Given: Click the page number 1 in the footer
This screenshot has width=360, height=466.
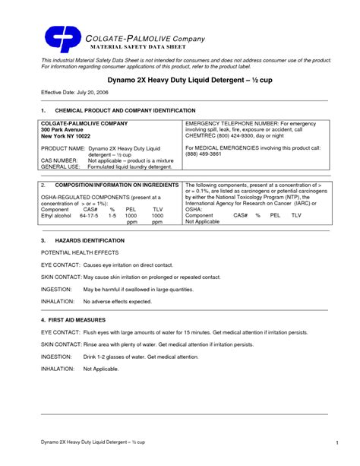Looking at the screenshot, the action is point(335,442).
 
